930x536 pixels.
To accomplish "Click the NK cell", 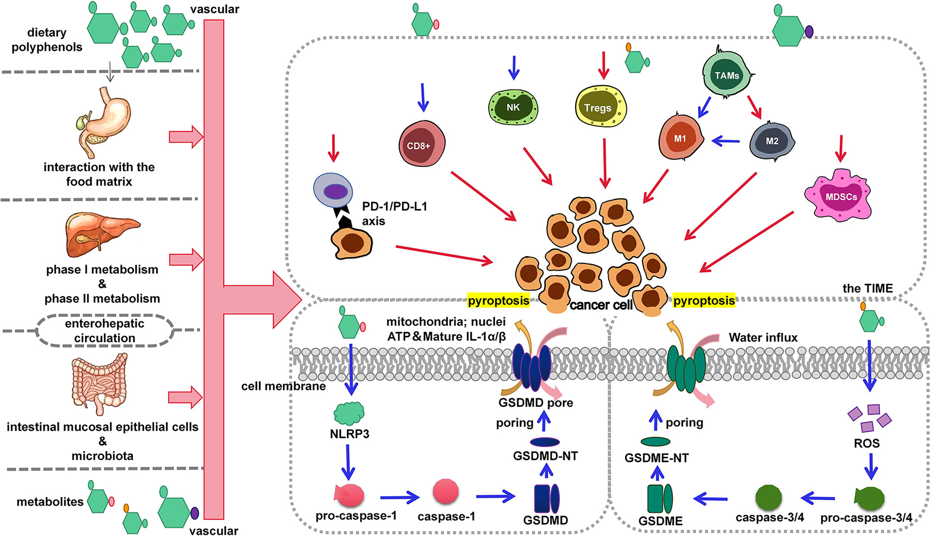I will pos(513,108).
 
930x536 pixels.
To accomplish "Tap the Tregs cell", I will pos(600,106).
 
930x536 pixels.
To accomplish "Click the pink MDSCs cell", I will pos(839,195).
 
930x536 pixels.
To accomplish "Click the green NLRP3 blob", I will pos(349,413).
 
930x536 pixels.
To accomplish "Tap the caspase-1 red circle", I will pos(446,491).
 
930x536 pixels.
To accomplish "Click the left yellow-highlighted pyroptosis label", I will pos(498,301).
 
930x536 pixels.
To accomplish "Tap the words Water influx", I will pos(763,338).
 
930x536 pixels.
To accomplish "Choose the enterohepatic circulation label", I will pos(104,330).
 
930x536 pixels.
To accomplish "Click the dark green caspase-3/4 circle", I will pos(768,497).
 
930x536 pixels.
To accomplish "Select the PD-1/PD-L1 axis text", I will pos(394,213).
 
